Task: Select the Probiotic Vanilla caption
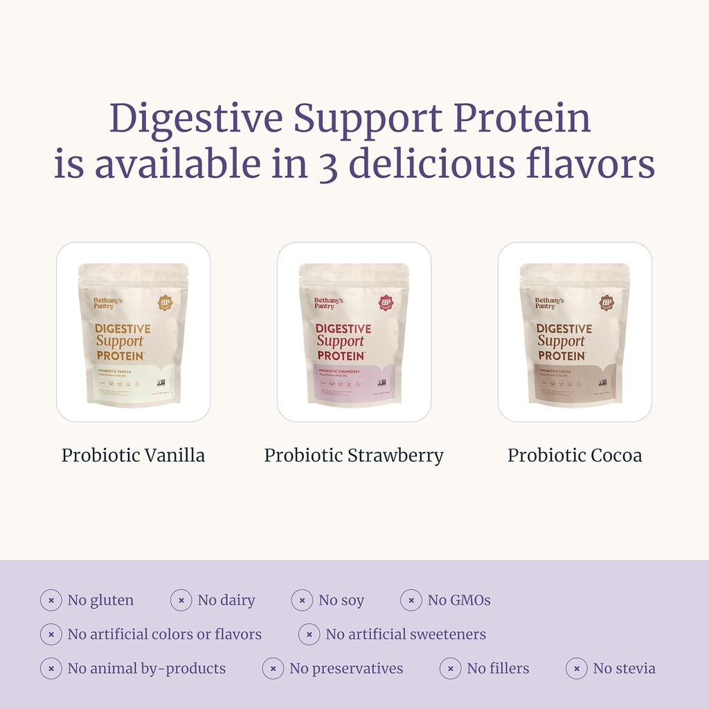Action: [x=133, y=456]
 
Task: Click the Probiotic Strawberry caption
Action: [x=354, y=456]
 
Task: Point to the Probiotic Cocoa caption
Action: [x=575, y=456]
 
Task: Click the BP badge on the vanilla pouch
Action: [x=165, y=303]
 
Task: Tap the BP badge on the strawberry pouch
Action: [x=386, y=303]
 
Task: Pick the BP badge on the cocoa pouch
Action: [x=607, y=303]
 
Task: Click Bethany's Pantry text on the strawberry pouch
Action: [x=328, y=303]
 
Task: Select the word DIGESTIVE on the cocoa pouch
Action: [x=564, y=329]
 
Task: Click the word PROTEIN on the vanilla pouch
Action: [x=120, y=355]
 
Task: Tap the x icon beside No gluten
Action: [x=51, y=600]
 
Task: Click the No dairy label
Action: [x=226, y=600]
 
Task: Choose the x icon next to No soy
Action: [x=302, y=600]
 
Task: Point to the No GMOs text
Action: [x=458, y=600]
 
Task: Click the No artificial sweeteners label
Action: [x=405, y=634]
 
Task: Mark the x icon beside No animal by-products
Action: [x=51, y=669]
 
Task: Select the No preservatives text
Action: [x=345, y=669]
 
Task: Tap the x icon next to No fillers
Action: [x=451, y=669]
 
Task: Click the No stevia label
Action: [x=624, y=669]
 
